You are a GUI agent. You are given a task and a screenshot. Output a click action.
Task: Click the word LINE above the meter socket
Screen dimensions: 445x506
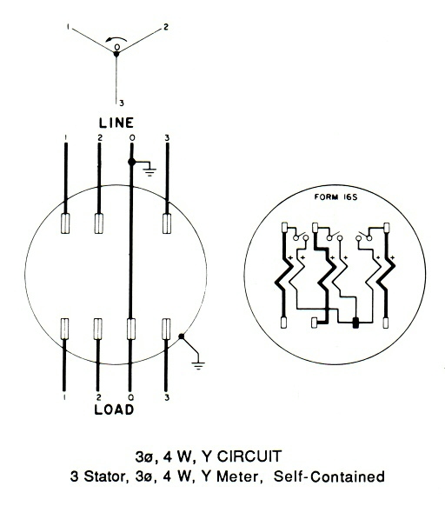click(x=116, y=123)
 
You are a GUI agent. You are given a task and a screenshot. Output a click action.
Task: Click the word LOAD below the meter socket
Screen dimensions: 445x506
click(x=114, y=409)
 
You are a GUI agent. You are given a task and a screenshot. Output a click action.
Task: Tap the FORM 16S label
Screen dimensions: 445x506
click(x=335, y=196)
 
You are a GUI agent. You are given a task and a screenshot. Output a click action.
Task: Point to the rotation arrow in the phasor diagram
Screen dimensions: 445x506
click(x=116, y=40)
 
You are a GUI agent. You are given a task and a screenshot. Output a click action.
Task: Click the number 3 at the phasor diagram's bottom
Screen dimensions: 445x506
click(x=122, y=103)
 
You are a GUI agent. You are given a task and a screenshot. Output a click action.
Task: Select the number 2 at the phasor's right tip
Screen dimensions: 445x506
click(x=165, y=27)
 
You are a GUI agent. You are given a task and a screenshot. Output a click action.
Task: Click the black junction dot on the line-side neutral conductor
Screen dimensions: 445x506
click(x=131, y=162)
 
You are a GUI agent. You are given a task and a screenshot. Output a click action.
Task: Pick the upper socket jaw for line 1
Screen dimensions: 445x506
click(x=65, y=223)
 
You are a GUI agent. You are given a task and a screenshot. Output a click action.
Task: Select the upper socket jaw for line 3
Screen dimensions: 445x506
click(x=167, y=223)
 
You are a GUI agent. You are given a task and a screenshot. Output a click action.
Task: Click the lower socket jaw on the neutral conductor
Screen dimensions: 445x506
click(x=130, y=329)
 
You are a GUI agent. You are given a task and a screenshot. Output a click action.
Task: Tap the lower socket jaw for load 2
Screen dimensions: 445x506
click(x=97, y=329)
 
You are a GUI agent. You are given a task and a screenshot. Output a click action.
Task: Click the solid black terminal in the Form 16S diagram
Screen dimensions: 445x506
click(x=355, y=323)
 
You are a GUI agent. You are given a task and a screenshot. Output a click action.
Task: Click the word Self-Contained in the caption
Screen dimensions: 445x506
click(x=329, y=476)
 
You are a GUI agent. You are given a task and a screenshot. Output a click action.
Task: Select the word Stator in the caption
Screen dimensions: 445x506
click(x=104, y=476)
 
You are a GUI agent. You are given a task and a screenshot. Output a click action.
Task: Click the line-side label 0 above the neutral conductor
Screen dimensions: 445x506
click(x=132, y=138)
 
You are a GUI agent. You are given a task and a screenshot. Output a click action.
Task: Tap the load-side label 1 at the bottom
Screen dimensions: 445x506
click(x=65, y=397)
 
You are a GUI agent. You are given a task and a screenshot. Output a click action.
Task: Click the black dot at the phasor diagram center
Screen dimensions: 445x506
click(x=116, y=54)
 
